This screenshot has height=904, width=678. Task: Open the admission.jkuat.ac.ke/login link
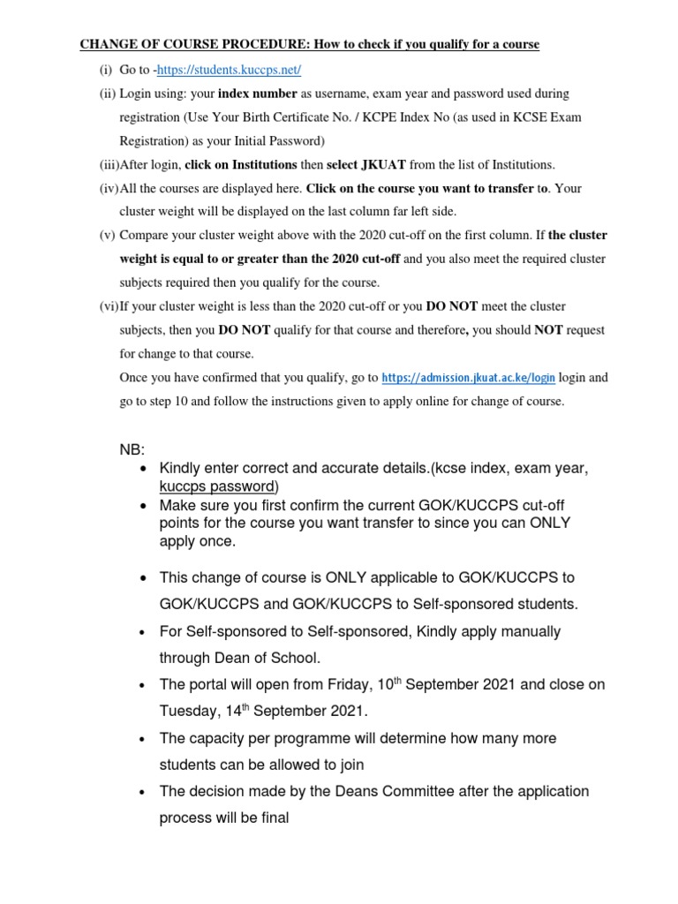pos(468,378)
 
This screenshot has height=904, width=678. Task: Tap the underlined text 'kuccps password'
pos(218,486)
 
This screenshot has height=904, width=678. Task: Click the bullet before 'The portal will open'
pos(143,686)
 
